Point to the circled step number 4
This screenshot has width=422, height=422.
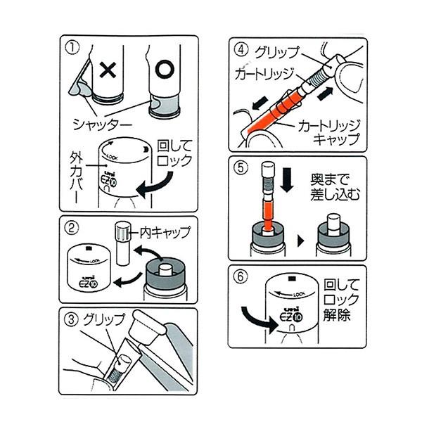click(241, 51)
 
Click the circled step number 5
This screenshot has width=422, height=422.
click(241, 169)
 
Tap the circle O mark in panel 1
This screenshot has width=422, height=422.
click(163, 71)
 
